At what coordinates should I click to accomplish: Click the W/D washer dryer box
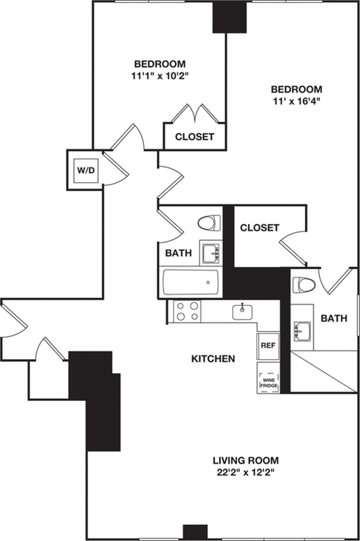click(86, 170)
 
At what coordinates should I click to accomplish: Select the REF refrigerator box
click(268, 346)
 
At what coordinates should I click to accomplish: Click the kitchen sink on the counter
click(242, 312)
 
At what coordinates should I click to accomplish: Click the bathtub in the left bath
click(190, 282)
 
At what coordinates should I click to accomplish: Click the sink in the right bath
click(302, 332)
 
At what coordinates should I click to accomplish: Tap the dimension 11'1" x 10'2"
click(160, 77)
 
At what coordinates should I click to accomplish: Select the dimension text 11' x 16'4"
click(296, 102)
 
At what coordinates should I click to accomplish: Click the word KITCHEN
click(213, 359)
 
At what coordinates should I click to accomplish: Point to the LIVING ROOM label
click(246, 460)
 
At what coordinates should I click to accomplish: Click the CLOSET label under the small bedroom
click(195, 137)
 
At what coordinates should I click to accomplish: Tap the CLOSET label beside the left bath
click(259, 228)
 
